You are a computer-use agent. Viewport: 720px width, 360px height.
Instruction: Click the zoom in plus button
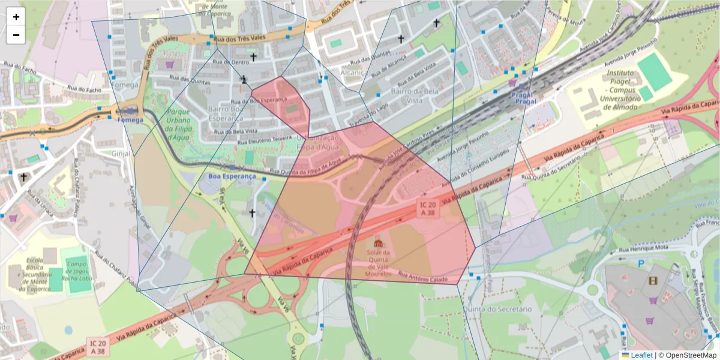point(16,17)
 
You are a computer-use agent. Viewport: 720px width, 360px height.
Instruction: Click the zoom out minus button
point(16,35)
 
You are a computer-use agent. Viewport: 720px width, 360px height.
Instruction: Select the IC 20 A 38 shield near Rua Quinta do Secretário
point(428,208)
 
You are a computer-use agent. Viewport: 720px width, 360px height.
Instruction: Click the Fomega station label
point(130,119)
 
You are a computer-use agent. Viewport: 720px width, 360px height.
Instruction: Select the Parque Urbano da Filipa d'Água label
point(179,124)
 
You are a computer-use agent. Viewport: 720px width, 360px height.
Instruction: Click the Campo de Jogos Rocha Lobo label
point(78,271)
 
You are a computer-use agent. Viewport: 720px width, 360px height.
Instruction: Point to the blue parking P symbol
point(641,263)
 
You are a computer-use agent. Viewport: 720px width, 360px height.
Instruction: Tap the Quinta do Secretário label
point(505,308)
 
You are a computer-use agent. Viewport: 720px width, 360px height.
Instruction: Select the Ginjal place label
point(121,153)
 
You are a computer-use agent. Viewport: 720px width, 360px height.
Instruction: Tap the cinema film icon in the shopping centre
point(653,280)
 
